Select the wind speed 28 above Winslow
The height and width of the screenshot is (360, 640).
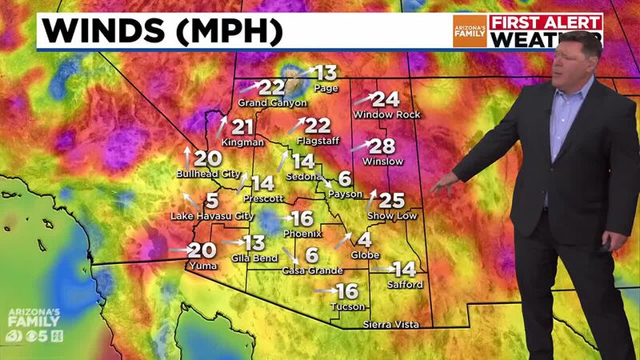pyautogui.click(x=383, y=146)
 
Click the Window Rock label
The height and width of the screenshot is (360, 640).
pyautogui.click(x=386, y=115)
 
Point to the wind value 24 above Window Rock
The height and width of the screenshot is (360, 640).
pyautogui.click(x=386, y=100)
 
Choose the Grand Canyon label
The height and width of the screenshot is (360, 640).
pyautogui.click(x=272, y=103)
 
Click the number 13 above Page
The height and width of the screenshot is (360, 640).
pyautogui.click(x=326, y=73)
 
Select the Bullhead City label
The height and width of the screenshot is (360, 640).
pyautogui.click(x=208, y=174)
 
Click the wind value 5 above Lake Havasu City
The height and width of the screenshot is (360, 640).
pyautogui.click(x=211, y=200)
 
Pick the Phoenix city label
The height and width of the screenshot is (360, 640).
pyautogui.click(x=302, y=234)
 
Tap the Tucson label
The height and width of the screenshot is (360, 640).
pyautogui.click(x=348, y=306)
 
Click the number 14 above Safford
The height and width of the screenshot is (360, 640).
pyautogui.click(x=405, y=270)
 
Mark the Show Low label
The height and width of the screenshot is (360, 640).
pyautogui.click(x=391, y=217)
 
